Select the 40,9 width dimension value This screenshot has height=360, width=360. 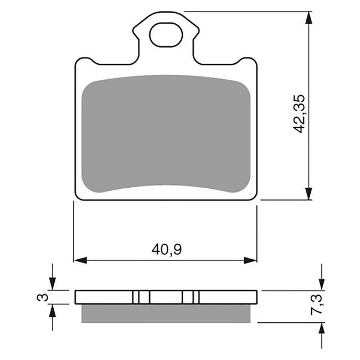pyautogui.click(x=167, y=250)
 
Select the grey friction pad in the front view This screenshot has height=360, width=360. pyautogui.click(x=166, y=136)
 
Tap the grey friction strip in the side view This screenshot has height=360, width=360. pyautogui.click(x=166, y=313)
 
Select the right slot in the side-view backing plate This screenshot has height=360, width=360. pyautogui.click(x=191, y=297)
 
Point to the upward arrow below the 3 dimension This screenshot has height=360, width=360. pyautogui.click(x=53, y=312)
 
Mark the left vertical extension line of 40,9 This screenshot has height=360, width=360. pyautogui.click(x=74, y=233)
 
